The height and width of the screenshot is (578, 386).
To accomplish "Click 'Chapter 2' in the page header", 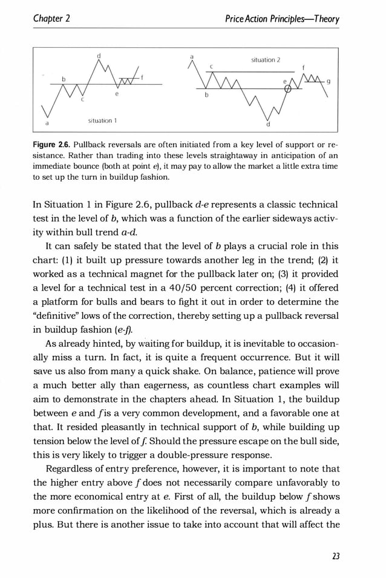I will pos(52,19).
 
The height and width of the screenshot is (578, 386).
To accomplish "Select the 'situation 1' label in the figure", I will pos(102,120).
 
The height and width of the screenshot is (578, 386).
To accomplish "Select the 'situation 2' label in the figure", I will pos(266,60).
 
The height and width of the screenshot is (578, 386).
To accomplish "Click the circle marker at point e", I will pos(288,90).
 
